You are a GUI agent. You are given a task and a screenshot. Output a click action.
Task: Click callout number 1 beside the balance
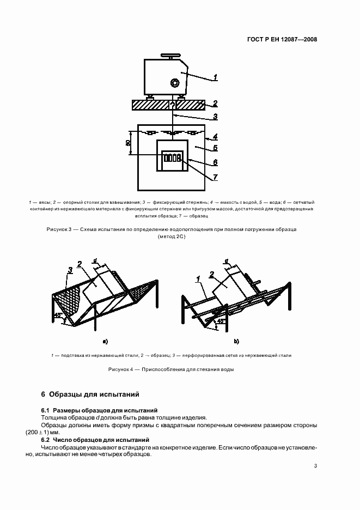coord(216,78)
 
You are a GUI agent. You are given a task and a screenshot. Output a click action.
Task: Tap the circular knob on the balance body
coord(175,83)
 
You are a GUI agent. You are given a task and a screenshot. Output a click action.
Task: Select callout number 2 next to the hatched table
coord(216,103)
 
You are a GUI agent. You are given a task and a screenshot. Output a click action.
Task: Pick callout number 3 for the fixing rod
coord(216,116)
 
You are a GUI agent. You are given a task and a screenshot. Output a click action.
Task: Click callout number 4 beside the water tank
coord(216,137)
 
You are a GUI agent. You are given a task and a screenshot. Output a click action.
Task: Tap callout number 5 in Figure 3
coord(216,148)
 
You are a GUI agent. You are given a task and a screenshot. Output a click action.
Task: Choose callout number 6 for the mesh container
coord(216,162)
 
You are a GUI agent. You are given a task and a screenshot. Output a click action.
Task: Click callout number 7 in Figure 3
coord(216,177)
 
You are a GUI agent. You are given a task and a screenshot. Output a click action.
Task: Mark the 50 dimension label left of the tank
coord(128,143)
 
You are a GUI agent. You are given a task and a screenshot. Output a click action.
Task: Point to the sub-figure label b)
coord(236,342)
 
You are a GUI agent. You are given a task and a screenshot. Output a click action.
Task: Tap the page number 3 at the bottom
coord(315,465)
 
